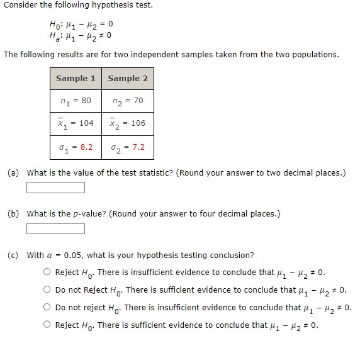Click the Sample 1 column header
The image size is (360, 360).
76,79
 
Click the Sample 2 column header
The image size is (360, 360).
128,79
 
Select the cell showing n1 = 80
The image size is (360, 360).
76,101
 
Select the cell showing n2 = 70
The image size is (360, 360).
128,101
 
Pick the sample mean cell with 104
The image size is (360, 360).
76,123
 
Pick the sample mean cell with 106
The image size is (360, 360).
128,123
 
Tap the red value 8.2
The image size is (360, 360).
86,147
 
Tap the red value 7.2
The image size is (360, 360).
138,147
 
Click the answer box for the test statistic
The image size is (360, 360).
55,188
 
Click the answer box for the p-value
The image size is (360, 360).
55,228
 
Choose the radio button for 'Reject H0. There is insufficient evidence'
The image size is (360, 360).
47,273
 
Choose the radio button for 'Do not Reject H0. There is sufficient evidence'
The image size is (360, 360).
47,290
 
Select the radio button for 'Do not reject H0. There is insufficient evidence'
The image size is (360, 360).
47,308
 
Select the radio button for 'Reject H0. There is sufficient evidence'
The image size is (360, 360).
47,325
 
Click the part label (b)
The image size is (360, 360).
13,213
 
